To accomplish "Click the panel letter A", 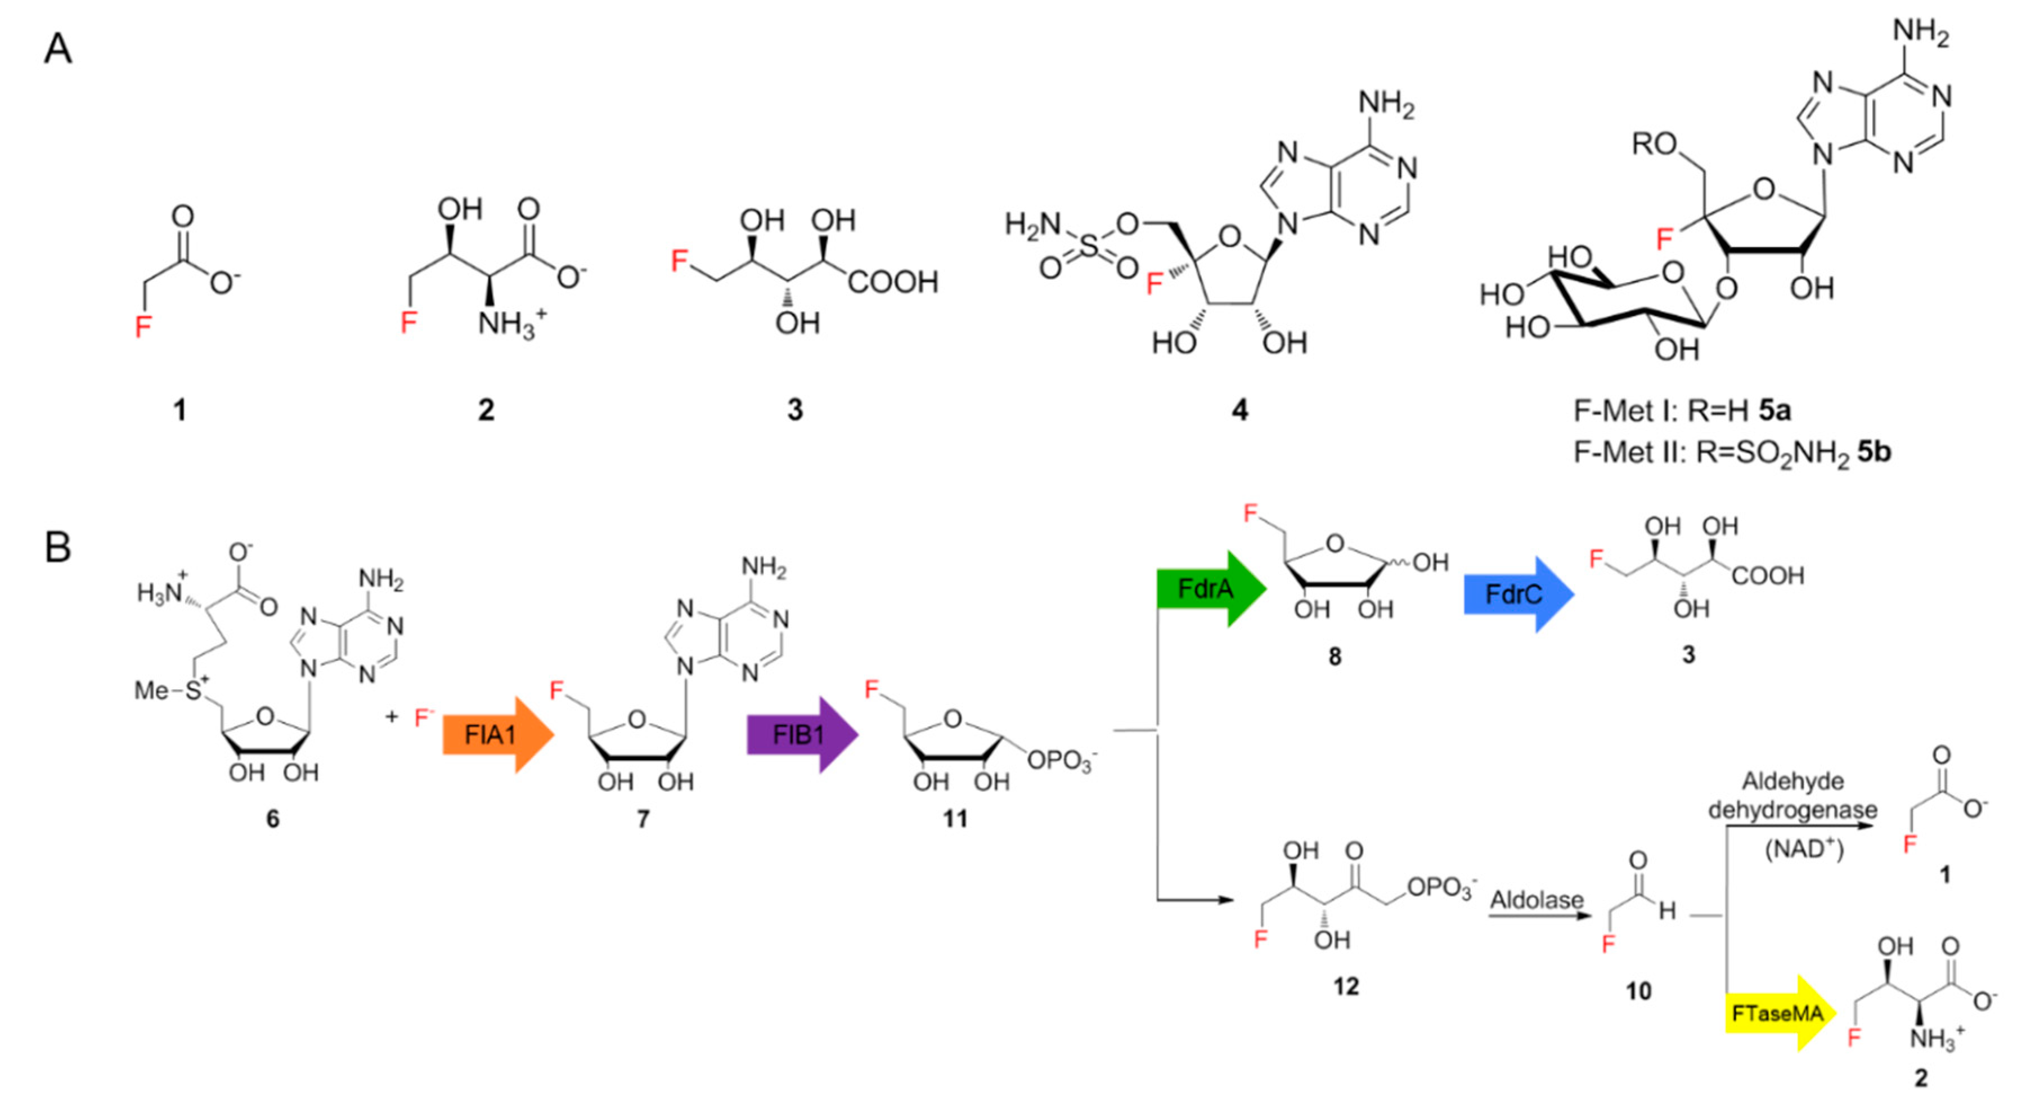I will [58, 50].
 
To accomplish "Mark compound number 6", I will [272, 819].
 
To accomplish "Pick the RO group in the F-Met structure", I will [1654, 144].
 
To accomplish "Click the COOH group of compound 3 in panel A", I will [893, 282].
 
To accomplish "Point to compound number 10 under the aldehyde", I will [1638, 991].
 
